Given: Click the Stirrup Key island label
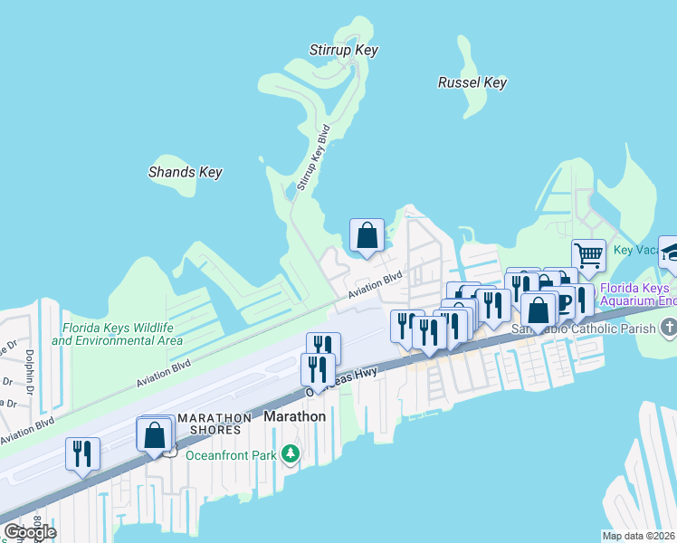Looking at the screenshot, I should tap(343, 51).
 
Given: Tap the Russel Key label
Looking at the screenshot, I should tap(472, 82).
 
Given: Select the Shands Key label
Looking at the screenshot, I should tap(186, 172).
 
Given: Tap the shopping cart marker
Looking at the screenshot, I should tap(588, 255).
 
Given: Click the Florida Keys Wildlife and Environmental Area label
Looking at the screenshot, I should tap(117, 335).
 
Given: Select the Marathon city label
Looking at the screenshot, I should tap(294, 416).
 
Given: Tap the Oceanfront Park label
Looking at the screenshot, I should tap(230, 455).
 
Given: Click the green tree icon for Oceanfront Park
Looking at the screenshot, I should tap(291, 452).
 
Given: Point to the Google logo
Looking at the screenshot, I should tap(30, 531).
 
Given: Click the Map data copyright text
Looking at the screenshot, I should tap(638, 536).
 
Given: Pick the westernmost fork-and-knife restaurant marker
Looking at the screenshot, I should tap(82, 453).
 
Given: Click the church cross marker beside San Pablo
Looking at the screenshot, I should tap(668, 326).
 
